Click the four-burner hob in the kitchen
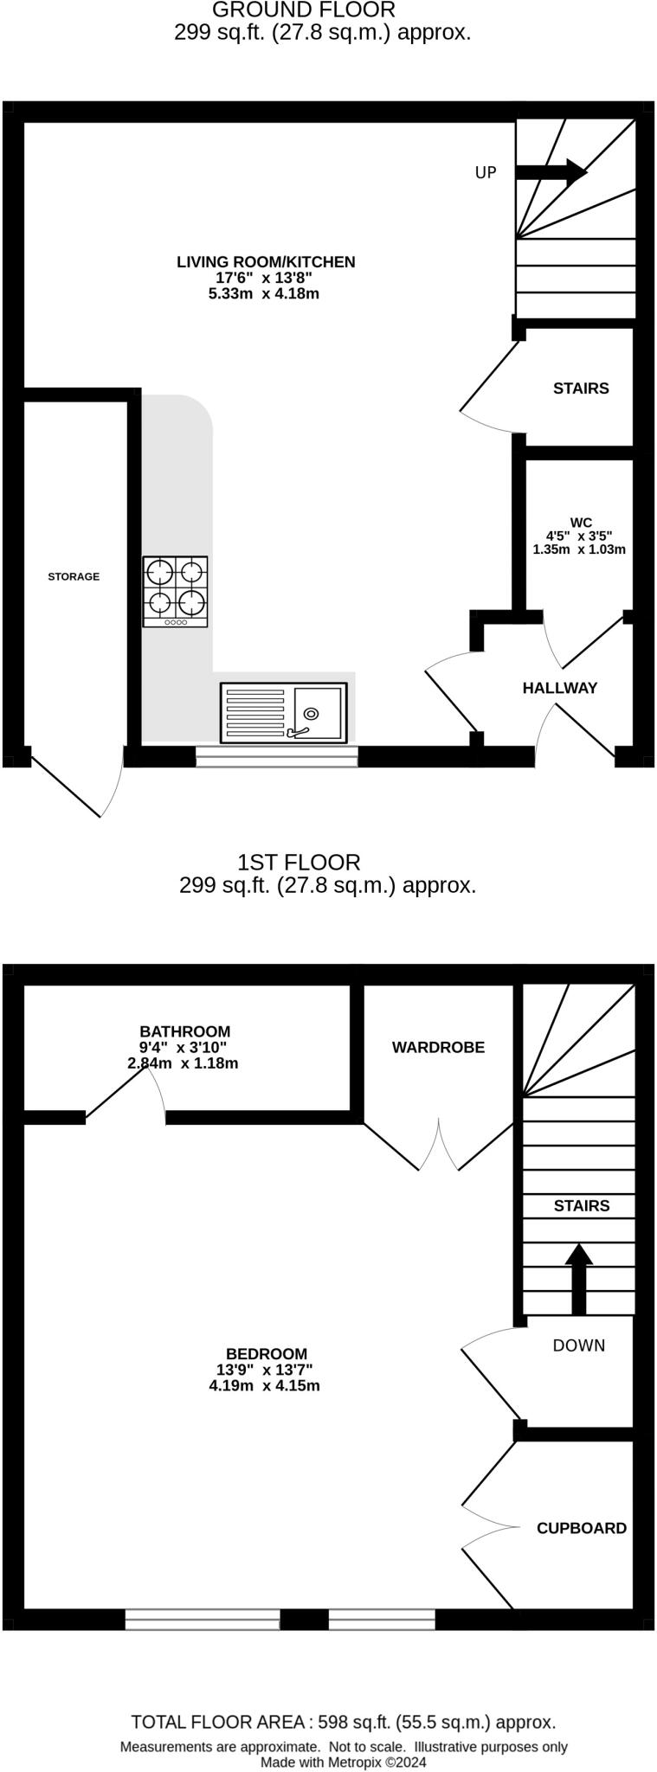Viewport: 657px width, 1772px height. (x=176, y=591)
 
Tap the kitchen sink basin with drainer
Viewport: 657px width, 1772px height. (x=283, y=712)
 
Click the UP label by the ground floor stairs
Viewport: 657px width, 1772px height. (x=486, y=173)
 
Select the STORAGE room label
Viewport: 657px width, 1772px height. (x=74, y=576)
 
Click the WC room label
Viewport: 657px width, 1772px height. (x=580, y=523)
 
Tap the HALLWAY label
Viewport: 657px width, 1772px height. (x=560, y=688)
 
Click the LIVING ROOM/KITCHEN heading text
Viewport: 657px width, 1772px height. (x=266, y=262)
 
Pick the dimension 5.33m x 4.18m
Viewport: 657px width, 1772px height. (x=264, y=294)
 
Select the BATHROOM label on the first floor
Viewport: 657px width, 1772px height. (x=184, y=1031)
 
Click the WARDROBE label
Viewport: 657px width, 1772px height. (x=438, y=1047)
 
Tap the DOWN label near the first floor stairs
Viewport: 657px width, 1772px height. (x=579, y=1345)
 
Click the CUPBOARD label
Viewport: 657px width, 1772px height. (x=582, y=1528)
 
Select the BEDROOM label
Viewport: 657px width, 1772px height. (x=266, y=1354)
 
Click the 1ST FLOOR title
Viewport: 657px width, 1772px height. (x=299, y=863)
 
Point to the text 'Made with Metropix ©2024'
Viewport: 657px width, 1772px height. (x=344, y=1762)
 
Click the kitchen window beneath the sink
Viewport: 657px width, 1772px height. (x=276, y=758)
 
